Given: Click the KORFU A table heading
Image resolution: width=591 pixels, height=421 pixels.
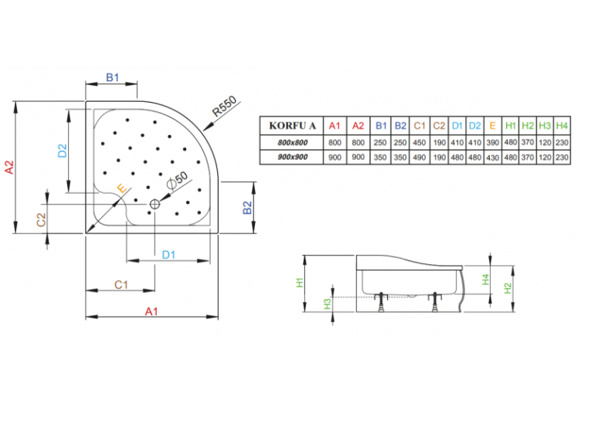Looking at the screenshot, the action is (292, 125).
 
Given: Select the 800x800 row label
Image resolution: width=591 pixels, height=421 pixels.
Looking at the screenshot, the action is (293, 142).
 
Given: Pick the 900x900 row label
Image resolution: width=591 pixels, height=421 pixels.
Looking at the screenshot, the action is (293, 157).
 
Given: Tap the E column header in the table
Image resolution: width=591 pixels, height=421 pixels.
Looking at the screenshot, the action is (493, 125).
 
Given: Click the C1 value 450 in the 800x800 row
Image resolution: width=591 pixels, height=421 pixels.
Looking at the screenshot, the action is (419, 142).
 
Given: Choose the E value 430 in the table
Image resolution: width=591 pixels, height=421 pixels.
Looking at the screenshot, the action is (493, 157).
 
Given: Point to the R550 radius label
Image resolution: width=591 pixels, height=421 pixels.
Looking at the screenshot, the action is (224, 106).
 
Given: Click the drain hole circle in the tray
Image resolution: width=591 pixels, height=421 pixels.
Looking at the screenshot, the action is (155, 204).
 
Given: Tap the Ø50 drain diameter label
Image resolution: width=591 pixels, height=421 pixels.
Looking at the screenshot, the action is (177, 180).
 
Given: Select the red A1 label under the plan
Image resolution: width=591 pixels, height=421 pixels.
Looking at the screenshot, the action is (151, 311).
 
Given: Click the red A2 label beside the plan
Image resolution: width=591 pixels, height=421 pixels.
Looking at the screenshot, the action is (9, 167).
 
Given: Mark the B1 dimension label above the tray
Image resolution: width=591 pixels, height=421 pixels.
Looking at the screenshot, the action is (112, 78).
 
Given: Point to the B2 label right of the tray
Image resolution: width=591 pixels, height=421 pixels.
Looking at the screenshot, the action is (247, 207).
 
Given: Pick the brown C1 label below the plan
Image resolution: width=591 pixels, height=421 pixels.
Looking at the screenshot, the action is (121, 285).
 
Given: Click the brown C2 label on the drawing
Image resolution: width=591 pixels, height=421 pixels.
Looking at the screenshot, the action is (41, 220).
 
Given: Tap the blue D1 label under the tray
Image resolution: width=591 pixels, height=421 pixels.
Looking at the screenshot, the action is (168, 255).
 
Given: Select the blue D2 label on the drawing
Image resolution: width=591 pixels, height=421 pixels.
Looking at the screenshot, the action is (63, 151).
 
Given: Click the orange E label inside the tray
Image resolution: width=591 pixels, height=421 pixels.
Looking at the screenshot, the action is (122, 188).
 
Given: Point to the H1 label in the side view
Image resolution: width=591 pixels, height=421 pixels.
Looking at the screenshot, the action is (300, 283).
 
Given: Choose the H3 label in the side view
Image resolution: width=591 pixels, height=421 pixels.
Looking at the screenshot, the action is (327, 304).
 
